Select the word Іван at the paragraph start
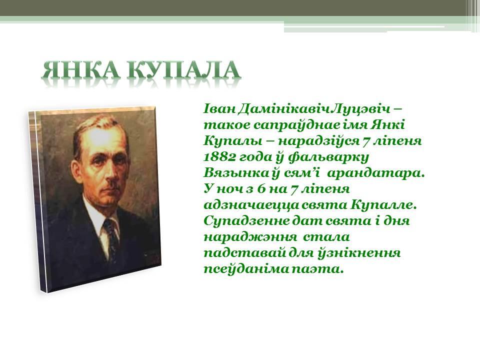coord(218,109)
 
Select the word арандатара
coord(376,173)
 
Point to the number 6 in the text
coord(261,189)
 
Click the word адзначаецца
coord(250,205)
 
